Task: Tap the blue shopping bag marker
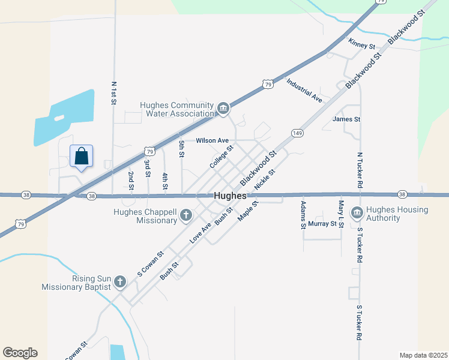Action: [82, 157]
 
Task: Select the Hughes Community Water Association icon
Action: [223, 109]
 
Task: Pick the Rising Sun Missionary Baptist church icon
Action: [120, 281]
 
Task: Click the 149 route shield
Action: [297, 132]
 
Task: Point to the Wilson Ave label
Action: [212, 141]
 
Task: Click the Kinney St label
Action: [361, 46]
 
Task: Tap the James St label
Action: [346, 119]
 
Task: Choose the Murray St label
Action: [322, 224]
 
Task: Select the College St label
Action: [221, 156]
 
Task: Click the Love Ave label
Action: [200, 232]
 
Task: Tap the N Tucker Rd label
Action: [360, 171]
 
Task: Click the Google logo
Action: [20, 353]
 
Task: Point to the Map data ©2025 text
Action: [423, 355]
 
